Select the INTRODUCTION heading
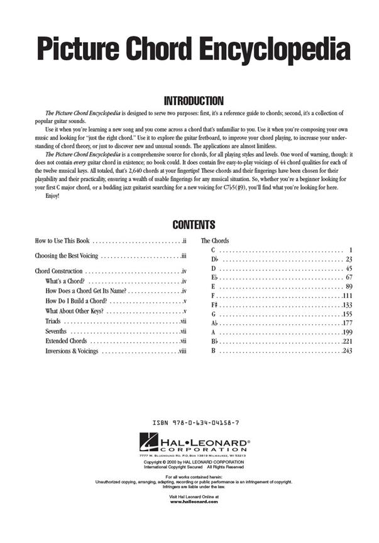coord(194,101)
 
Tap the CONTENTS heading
coord(194,225)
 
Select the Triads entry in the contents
coord(53,321)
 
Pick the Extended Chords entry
coord(66,341)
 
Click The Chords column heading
coord(215,241)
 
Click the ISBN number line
coord(195,424)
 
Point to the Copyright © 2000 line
coord(194,462)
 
